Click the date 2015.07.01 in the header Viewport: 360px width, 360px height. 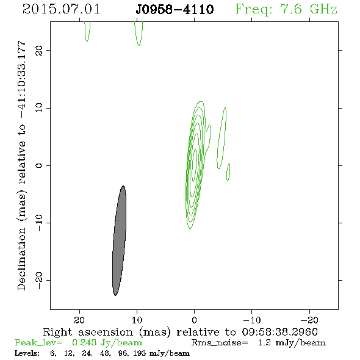pos(61,9)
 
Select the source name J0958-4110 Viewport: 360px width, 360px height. pos(175,9)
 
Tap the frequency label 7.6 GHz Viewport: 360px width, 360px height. pos(309,9)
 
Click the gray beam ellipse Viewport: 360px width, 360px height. pos(120,240)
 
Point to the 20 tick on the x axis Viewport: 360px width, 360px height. pos(79,320)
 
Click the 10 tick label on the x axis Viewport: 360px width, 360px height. pos(137,320)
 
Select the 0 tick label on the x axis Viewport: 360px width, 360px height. pos(195,320)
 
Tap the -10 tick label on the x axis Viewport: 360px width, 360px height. pos(252,320)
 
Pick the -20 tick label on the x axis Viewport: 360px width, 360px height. pos(309,320)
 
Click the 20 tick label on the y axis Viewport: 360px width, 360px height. pos(39,50)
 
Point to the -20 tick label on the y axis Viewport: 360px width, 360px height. pos(39,280)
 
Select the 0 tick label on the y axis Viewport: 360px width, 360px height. pos(39,165)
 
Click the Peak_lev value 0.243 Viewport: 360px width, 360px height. pos(84,342)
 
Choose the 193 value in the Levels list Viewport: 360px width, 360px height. pos(139,353)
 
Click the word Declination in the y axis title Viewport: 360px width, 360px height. pos(21,259)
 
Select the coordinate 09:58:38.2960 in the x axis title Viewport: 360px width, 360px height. pos(279,332)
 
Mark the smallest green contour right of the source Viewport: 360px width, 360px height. pos(228,172)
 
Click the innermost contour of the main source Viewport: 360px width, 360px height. pos(195,164)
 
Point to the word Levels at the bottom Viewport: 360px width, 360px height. pos(27,353)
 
